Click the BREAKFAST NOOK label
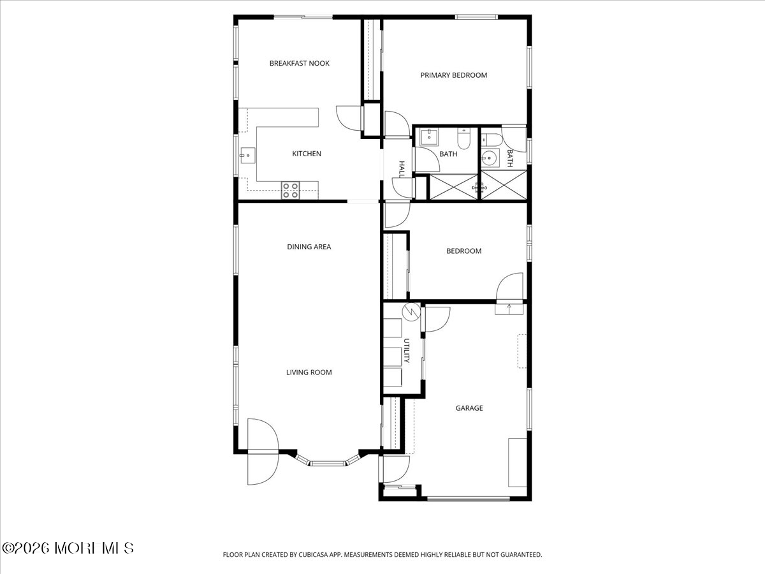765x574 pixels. pos(300,63)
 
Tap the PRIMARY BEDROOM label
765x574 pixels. pos(453,75)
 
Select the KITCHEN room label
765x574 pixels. pos(307,153)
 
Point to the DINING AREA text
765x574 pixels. pos(309,247)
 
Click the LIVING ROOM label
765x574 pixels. pos(309,372)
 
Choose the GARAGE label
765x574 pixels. pos(469,408)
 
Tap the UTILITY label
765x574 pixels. pos(406,351)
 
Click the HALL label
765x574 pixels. pos(402,170)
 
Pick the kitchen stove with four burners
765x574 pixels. pos(290,190)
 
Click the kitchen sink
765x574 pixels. pos(247,156)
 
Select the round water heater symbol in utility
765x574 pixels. pos(411,313)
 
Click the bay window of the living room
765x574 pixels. pos(328,460)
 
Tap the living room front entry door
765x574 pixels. pos(263,452)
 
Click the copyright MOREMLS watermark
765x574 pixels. pos(68,548)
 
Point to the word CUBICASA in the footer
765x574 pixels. pos(314,554)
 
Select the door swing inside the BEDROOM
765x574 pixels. pos(509,286)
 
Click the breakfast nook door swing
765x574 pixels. pos(349,118)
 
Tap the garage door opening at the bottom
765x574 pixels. pos(469,499)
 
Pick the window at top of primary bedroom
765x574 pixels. pos(476,17)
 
